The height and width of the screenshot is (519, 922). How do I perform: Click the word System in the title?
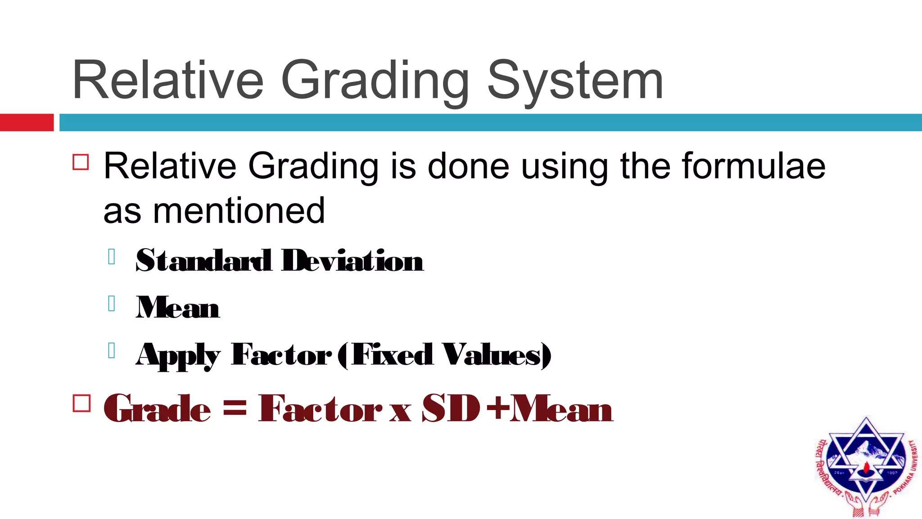tap(575, 81)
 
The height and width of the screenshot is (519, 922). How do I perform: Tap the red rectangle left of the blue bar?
tap(27, 123)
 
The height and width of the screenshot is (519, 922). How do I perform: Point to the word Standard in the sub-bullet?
tap(203, 261)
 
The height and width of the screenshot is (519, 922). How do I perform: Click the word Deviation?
tap(352, 261)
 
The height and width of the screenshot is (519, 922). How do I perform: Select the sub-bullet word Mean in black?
tap(177, 308)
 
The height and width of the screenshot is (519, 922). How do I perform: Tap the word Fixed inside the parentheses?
tap(392, 355)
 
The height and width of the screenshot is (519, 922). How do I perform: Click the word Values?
tap(492, 355)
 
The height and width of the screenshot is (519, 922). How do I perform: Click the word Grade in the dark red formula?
tap(157, 408)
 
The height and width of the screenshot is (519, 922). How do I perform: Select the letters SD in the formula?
tap(450, 408)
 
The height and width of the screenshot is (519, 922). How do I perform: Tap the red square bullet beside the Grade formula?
tap(81, 403)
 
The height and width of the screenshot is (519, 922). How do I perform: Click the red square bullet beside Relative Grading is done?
tap(81, 162)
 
